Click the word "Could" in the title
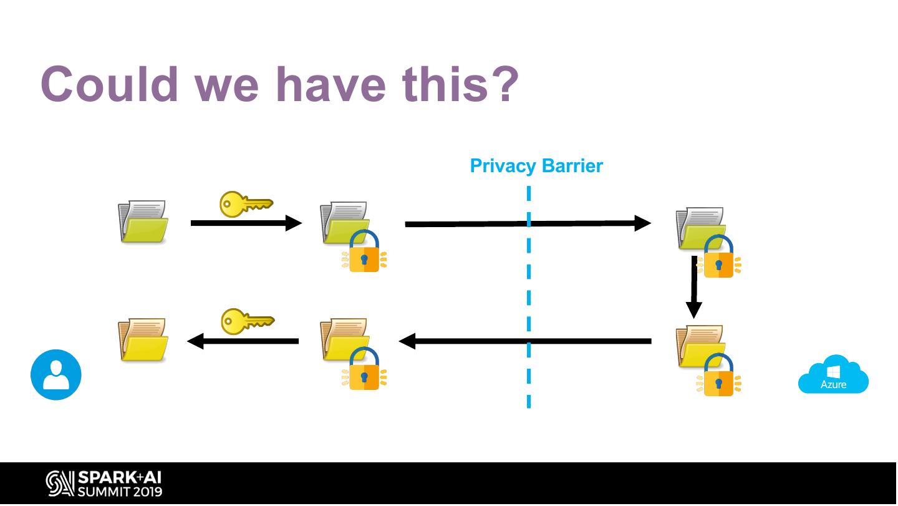click(109, 84)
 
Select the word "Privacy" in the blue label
click(503, 166)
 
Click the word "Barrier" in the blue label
click(572, 165)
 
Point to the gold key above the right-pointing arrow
click(246, 204)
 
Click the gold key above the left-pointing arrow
click(248, 321)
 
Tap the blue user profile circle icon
click(56, 374)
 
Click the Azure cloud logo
click(833, 374)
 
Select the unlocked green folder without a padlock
click(143, 221)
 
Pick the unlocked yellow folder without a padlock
click(143, 339)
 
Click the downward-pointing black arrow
click(694, 286)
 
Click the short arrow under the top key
click(246, 223)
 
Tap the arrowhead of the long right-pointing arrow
click(642, 223)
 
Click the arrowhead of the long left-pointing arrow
click(407, 341)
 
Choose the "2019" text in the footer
click(148, 492)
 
